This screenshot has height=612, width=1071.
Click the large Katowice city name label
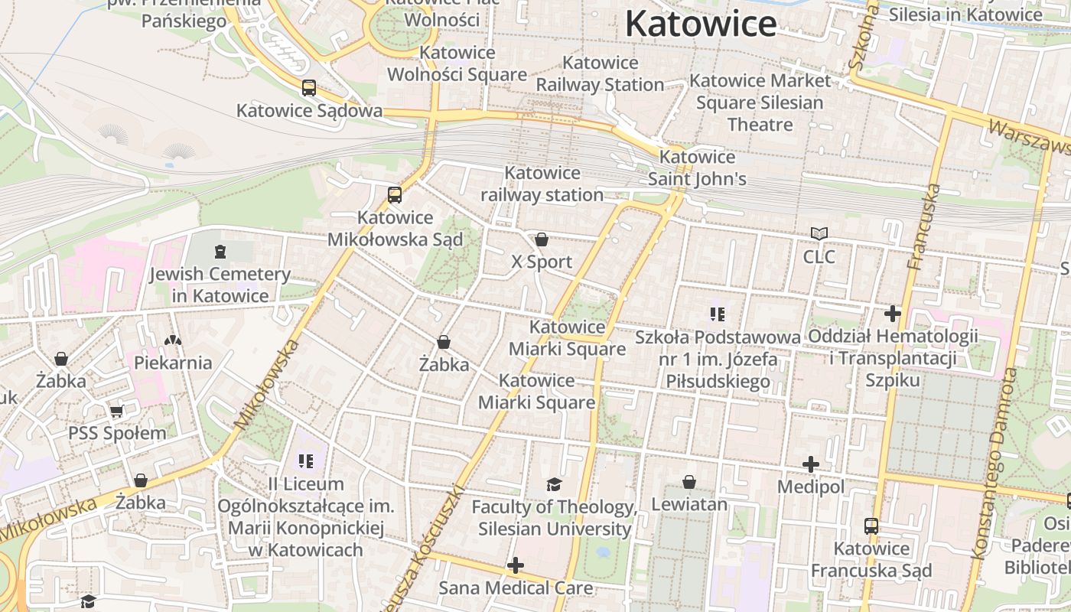pos(701,24)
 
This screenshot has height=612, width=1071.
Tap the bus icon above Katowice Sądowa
pos(309,88)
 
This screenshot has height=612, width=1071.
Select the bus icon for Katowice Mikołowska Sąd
pos(395,195)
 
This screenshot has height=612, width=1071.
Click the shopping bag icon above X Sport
pos(542,239)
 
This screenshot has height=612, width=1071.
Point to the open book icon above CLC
pos(819,233)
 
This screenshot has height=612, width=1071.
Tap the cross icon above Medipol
pos(811,464)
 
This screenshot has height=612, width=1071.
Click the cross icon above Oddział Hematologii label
pos(893,313)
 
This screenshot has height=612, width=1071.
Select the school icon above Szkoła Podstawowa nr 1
pos(717,314)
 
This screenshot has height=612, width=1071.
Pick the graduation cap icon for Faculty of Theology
pos(554,484)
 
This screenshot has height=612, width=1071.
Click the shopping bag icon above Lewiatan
pos(689,481)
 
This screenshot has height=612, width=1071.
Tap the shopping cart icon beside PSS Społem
pos(117,411)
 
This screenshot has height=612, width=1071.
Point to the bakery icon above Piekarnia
pos(174,340)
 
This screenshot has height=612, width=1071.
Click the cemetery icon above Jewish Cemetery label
pos(220,251)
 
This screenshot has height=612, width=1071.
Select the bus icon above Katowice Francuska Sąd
pos(871,526)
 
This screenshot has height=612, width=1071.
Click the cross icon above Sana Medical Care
pos(516,565)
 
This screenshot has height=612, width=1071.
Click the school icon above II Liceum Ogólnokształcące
pos(306,461)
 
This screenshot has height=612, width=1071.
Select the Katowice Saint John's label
pos(697,168)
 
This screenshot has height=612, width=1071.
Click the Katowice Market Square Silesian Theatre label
pos(760,102)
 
